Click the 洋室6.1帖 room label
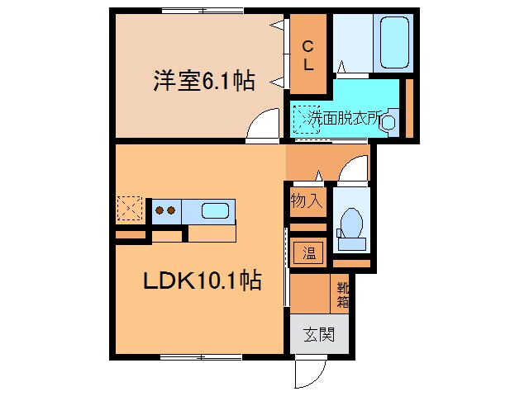pos(203,82)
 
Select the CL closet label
pos(307,54)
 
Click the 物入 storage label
pos(305,200)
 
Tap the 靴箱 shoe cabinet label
pos(342,295)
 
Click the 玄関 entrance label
pos(318,335)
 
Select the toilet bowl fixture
pos(350,224)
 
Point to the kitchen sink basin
pos(214,210)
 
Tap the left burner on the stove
pos(160,210)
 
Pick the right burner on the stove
pos(172,210)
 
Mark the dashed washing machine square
pos(307,120)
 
